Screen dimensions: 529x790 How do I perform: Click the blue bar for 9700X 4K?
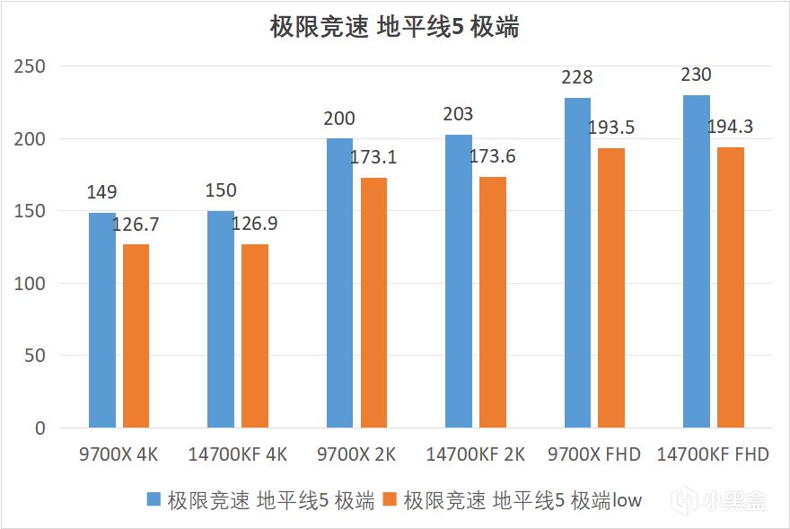[102, 320]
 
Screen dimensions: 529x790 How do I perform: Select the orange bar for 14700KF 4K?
[255, 336]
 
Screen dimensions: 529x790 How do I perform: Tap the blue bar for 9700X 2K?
[339, 283]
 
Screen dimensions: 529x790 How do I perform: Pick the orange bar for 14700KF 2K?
[493, 302]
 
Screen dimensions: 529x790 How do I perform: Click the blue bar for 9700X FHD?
[577, 262]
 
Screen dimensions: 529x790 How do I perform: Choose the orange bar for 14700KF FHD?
[731, 287]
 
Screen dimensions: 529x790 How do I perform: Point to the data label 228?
[577, 78]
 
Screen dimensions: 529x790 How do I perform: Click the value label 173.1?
[373, 158]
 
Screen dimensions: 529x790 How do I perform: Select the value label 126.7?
[136, 223]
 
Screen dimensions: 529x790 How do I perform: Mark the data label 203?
[458, 115]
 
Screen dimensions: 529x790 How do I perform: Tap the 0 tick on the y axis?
[39, 428]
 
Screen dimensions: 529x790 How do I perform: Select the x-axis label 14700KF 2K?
[476, 454]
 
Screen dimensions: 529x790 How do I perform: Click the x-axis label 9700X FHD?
[594, 454]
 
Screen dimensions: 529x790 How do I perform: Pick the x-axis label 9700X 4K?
[119, 454]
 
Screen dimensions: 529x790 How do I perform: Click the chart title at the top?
[395, 27]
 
